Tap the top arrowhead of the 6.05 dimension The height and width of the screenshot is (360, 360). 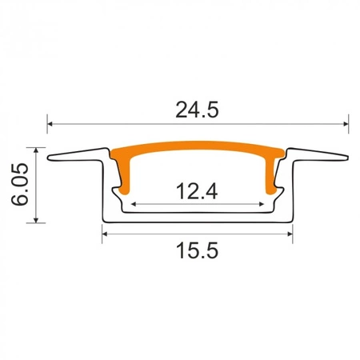[35, 150]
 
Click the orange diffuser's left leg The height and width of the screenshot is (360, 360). [125, 176]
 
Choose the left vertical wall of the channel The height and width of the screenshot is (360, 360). [105, 192]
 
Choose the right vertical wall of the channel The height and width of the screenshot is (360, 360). [290, 192]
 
